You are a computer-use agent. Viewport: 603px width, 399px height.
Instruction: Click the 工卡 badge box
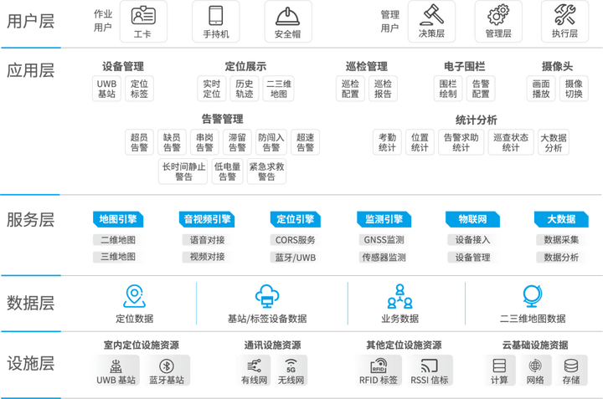point(142,21)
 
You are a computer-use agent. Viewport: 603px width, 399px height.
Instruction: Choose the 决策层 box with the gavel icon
point(427,21)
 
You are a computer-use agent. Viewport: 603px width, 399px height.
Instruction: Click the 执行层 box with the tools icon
point(564,21)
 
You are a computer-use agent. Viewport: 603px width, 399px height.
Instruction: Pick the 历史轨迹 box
point(244,89)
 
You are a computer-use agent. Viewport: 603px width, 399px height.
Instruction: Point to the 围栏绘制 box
point(448,89)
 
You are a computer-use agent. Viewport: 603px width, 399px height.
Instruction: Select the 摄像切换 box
point(574,89)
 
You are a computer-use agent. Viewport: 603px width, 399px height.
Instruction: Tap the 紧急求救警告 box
point(266,171)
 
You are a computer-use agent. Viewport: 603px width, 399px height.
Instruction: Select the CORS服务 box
point(296,240)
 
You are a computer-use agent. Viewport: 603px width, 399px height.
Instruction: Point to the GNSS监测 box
point(384,240)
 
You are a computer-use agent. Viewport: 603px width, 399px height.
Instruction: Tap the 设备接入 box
point(473,240)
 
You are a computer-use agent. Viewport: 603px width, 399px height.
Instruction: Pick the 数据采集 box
point(561,240)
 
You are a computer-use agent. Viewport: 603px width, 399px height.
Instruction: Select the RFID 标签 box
point(378,370)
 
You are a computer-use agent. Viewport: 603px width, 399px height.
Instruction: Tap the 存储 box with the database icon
point(571,370)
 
